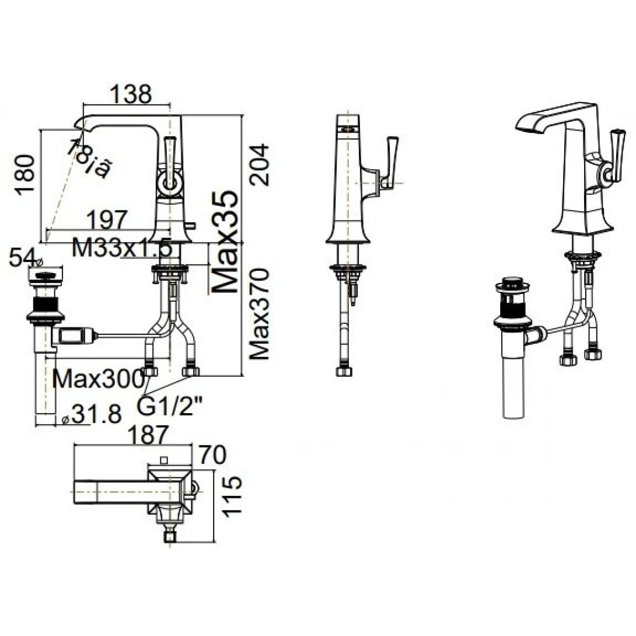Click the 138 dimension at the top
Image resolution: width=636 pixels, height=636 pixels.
tap(131, 94)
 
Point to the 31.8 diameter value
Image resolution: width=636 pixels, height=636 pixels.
tap(93, 415)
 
